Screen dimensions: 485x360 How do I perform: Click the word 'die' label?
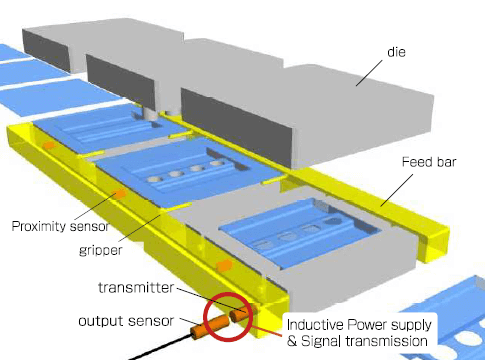pos(396,52)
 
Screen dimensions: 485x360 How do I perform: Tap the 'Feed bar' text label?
pos(429,162)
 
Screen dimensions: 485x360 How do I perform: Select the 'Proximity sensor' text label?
pos(60,226)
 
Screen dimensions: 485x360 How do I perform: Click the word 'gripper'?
pos(101,250)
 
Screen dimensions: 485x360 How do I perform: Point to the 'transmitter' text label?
pos(136,287)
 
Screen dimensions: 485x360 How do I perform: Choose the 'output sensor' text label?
pos(126,321)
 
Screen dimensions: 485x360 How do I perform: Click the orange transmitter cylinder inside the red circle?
pos(241,313)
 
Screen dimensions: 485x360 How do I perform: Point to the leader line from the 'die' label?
pos(369,73)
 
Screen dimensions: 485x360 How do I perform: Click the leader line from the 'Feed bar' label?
pos(397,190)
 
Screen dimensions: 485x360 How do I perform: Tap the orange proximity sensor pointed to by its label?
pos(119,193)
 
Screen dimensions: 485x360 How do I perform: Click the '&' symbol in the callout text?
pos(292,341)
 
